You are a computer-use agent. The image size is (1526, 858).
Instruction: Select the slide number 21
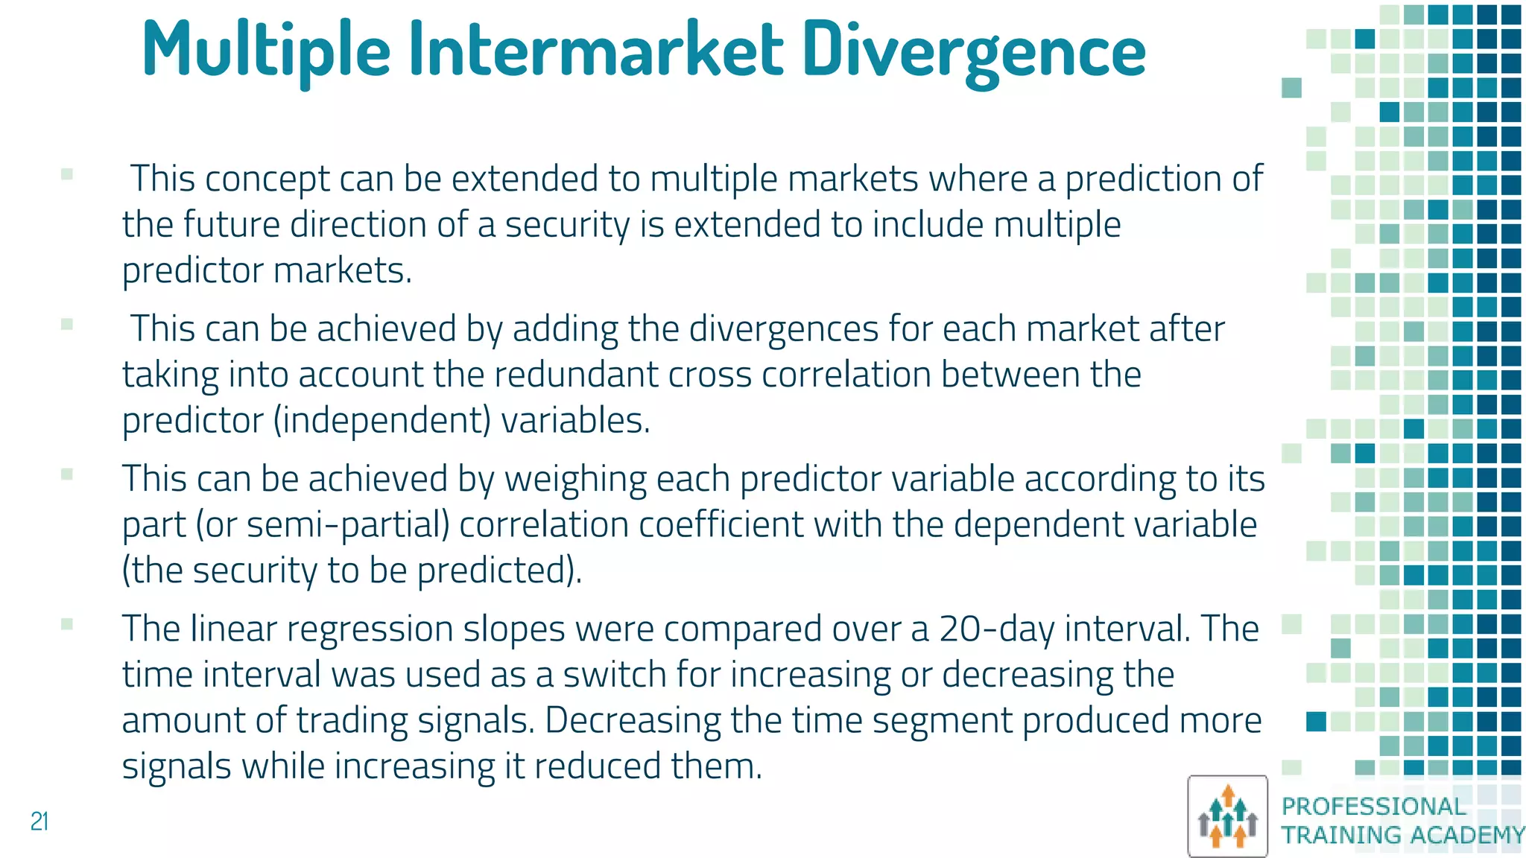(x=39, y=822)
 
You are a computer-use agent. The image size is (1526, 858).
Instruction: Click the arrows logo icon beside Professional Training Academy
(x=1227, y=816)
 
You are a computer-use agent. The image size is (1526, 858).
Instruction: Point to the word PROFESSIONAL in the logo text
(x=1373, y=807)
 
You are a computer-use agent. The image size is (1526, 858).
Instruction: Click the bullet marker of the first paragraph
(x=67, y=175)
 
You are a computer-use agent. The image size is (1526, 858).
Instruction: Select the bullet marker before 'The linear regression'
(x=67, y=625)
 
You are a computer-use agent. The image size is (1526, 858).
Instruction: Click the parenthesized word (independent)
(x=381, y=421)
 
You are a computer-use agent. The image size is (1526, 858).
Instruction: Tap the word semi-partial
(x=348, y=525)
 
